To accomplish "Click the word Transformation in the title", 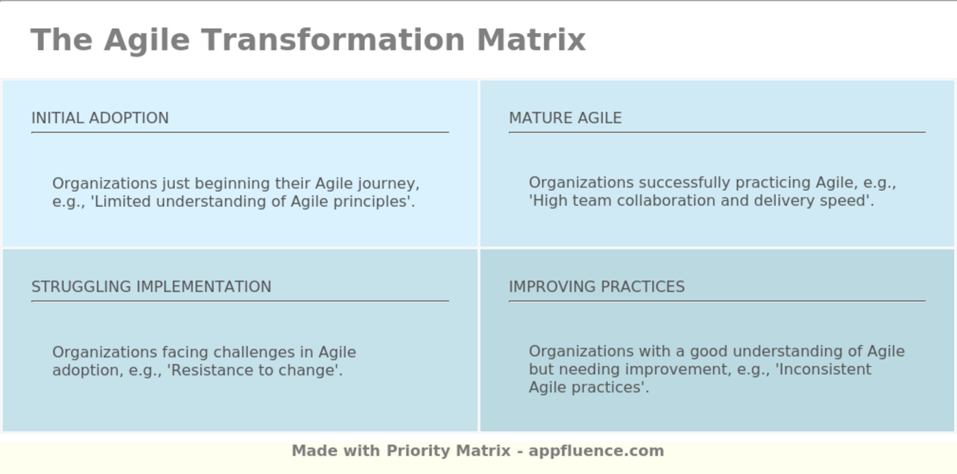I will point(332,40).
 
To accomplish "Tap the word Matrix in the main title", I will point(531,40).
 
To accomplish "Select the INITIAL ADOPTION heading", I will point(100,118).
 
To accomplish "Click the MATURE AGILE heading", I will point(565,118).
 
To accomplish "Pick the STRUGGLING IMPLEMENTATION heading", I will point(151,287).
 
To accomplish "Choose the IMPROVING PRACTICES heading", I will point(597,287).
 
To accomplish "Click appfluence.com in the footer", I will point(596,451).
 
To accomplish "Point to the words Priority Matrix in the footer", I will point(448,451).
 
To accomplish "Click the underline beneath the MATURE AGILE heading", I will point(716,132).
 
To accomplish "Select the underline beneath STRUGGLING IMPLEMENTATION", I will point(239,301).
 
